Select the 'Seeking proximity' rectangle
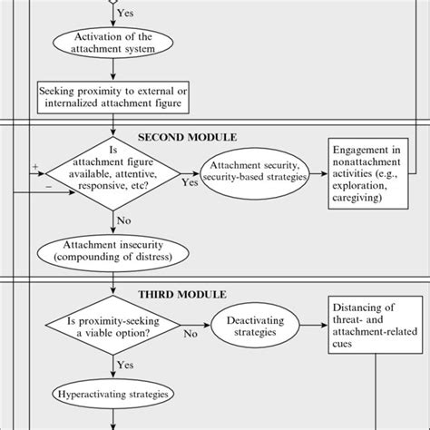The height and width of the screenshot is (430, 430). coord(112,98)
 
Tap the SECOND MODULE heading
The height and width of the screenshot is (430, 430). coord(186,137)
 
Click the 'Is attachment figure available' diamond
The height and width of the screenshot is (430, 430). coord(112,175)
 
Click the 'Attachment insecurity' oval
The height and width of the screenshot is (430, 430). coord(112,249)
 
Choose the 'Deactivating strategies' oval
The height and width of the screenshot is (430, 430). coord(257,327)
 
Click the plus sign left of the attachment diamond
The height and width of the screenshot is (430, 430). coord(34,167)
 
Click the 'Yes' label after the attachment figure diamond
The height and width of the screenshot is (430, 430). coord(190,182)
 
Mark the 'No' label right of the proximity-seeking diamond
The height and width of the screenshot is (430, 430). coord(191,335)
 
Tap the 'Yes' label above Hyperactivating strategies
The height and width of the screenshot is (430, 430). coord(125,365)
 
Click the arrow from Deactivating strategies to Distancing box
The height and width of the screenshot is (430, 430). coord(318,327)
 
